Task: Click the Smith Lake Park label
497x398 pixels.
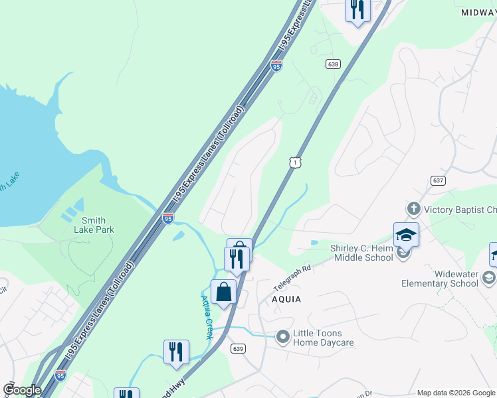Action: coord(98,225)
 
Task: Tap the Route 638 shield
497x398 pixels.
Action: coord(334,64)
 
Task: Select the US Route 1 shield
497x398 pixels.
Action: coord(295,161)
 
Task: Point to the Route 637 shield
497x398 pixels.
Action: coord(437,180)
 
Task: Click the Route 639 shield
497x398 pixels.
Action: coord(239,349)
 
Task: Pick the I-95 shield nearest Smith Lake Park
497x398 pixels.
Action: coord(167,217)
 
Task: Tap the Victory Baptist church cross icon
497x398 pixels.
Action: coord(413,210)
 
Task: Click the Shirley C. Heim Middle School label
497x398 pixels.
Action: coord(361,253)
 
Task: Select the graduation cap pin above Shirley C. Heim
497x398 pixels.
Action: coord(406,235)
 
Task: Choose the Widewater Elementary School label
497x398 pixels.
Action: coord(439,279)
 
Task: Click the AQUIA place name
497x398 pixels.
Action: coord(286,299)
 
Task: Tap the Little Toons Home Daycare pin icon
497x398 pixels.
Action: coord(283,338)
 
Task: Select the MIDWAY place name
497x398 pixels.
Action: coord(478,13)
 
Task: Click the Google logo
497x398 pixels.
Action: coord(21,390)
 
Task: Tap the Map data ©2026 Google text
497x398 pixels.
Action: coord(456,393)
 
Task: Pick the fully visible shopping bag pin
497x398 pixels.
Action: coord(223,293)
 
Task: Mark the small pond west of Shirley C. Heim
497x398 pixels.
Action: coord(314,243)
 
